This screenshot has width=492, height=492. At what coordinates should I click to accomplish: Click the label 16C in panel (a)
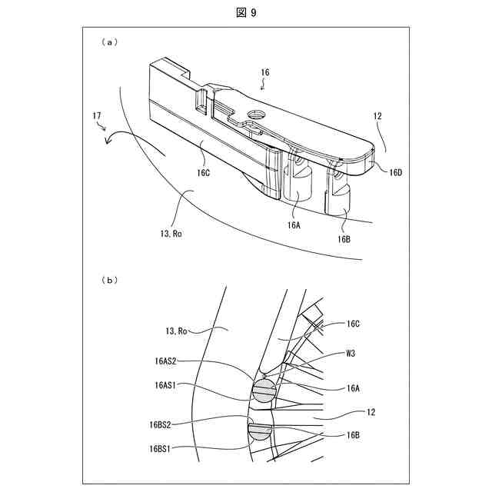[x=203, y=173]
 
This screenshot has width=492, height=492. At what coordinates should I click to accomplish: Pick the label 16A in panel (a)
[x=294, y=226]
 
